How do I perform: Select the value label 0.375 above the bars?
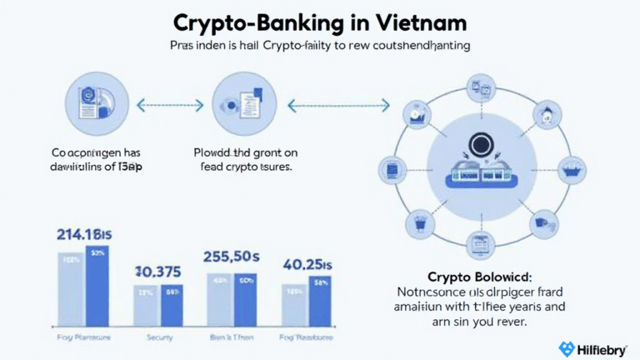pos(159,272)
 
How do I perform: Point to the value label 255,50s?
pos(232,257)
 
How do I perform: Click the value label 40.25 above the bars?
pos(308,264)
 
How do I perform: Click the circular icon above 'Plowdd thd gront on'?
pos(238,103)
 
